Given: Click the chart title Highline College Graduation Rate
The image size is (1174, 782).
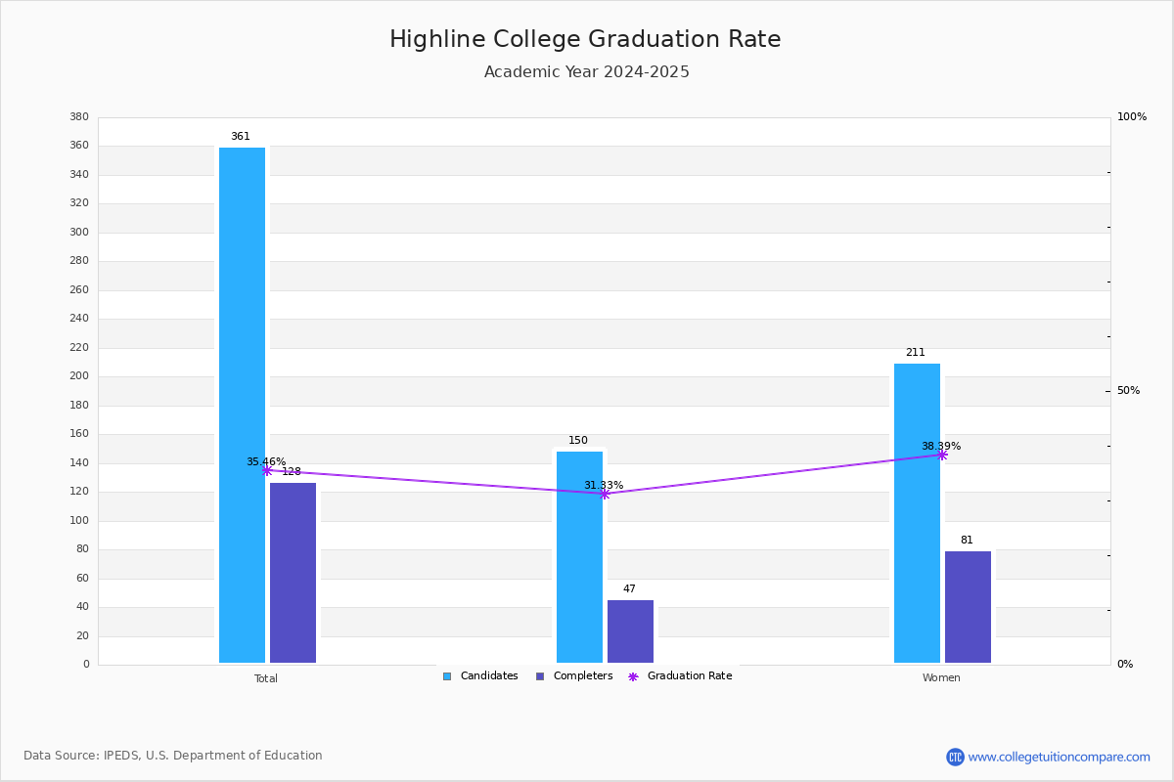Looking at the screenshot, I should click(585, 39).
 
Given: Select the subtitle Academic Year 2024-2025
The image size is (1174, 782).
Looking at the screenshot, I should click(586, 72).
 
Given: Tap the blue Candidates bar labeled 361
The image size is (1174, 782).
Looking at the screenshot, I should click(242, 405).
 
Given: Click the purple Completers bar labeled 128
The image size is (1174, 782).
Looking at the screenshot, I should click(293, 573).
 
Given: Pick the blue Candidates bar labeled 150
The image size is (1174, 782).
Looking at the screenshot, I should click(579, 556).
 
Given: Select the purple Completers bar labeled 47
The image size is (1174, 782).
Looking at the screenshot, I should click(630, 631).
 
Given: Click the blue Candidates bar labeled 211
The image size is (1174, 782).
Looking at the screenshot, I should click(917, 513).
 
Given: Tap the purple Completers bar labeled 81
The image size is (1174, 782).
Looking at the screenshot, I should click(968, 607).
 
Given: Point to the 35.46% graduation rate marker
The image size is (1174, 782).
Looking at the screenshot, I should click(267, 471).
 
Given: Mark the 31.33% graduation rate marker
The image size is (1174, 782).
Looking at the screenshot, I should click(604, 494).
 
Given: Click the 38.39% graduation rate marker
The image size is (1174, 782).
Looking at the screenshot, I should click(942, 455).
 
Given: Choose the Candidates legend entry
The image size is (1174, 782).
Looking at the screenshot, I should click(480, 676).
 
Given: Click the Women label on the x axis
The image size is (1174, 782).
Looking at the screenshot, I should click(941, 678).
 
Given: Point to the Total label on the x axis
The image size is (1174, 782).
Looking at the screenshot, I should click(266, 678).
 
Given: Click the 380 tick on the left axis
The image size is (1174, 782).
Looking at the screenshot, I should click(79, 117).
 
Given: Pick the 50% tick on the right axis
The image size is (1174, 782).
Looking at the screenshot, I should click(1128, 391).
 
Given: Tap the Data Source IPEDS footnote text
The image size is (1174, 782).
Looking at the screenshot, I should click(173, 756).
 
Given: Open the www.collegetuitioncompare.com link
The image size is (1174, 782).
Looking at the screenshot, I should click(1058, 757).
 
